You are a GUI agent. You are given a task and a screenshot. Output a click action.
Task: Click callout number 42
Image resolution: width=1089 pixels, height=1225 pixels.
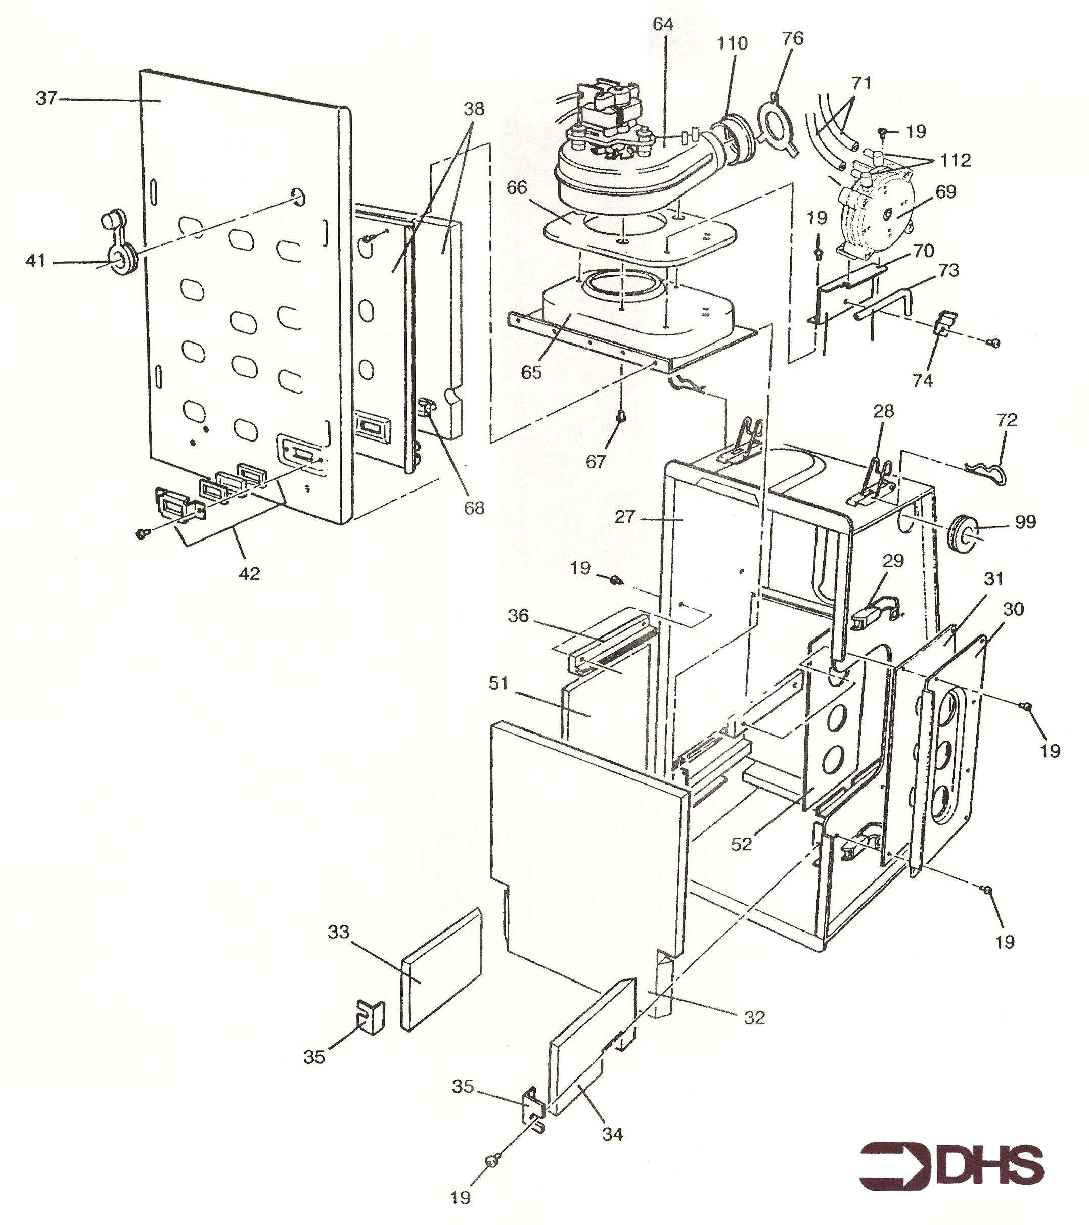(249, 573)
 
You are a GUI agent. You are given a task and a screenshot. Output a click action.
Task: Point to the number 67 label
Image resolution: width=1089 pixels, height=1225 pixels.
(596, 462)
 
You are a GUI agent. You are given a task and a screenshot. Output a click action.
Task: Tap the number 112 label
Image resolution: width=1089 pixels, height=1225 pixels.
(954, 161)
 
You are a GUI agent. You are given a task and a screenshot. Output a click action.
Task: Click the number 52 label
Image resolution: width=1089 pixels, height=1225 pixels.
(741, 844)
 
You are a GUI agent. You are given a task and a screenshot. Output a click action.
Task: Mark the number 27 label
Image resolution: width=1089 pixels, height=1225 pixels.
(624, 517)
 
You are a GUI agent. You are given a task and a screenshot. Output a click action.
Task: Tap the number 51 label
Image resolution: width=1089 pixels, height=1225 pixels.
(498, 682)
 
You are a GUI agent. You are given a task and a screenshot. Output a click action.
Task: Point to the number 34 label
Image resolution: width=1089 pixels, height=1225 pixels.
(612, 1134)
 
